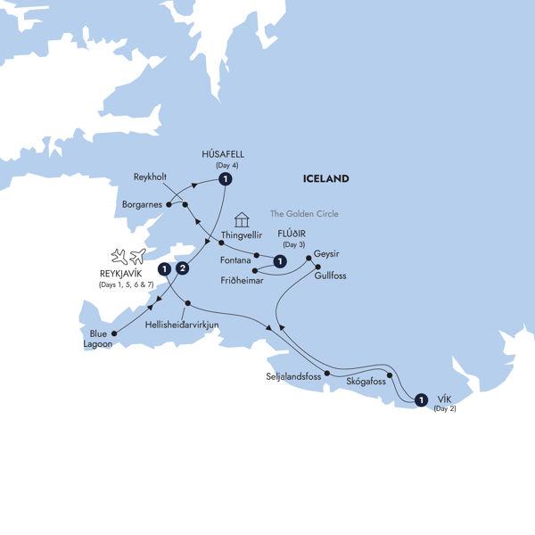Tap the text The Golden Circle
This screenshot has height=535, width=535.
click(x=305, y=214)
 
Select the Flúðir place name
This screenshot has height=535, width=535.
click(x=292, y=236)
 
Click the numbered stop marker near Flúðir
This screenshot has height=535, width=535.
click(x=281, y=261)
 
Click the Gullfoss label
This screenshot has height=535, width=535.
click(x=330, y=276)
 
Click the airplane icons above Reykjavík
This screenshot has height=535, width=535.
click(x=128, y=257)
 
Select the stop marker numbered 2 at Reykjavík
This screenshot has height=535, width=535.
click(x=183, y=268)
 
